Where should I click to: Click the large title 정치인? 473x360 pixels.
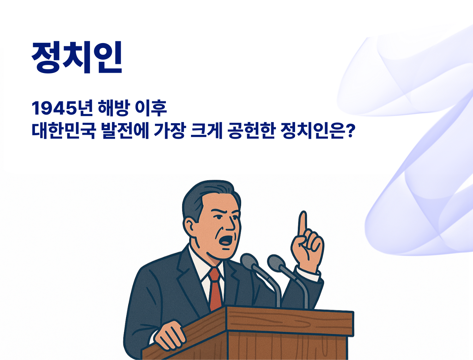[x=77, y=57]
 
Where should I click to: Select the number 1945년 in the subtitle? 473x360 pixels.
[x=62, y=108]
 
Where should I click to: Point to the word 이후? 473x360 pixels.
[x=151, y=108]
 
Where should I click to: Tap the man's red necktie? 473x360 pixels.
[x=216, y=289]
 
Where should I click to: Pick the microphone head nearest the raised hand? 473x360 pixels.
[x=276, y=263]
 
